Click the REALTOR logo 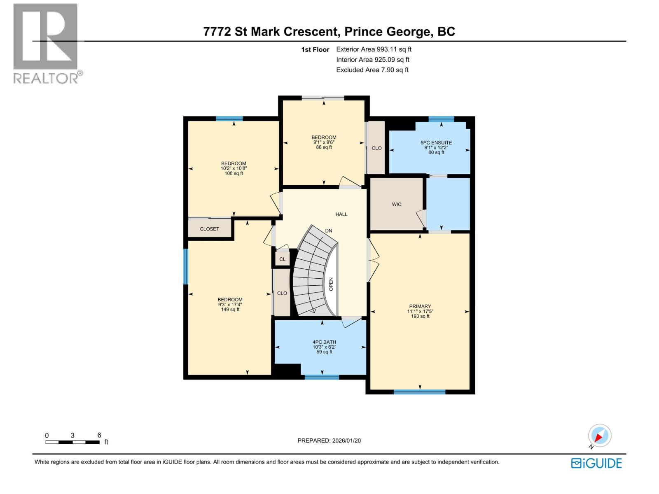pyautogui.click(x=48, y=44)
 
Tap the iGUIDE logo pyautogui.click(x=596, y=463)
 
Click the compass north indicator pyautogui.click(x=599, y=436)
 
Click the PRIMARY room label pyautogui.click(x=420, y=306)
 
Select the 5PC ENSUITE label pyautogui.click(x=436, y=143)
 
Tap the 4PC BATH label pyautogui.click(x=324, y=342)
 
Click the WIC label pyautogui.click(x=396, y=204)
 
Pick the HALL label pyautogui.click(x=341, y=214)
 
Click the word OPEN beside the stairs pyautogui.click(x=331, y=284)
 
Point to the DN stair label pyautogui.click(x=328, y=231)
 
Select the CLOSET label pyautogui.click(x=209, y=229)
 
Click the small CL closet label pyautogui.click(x=282, y=259)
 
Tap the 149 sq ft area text pyautogui.click(x=230, y=310)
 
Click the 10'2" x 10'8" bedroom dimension pyautogui.click(x=234, y=168)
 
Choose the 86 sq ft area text pyautogui.click(x=324, y=147)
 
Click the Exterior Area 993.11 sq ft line pyautogui.click(x=374, y=49)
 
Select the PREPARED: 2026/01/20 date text pyautogui.click(x=329, y=440)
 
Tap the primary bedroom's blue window pyautogui.click(x=419, y=392)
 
